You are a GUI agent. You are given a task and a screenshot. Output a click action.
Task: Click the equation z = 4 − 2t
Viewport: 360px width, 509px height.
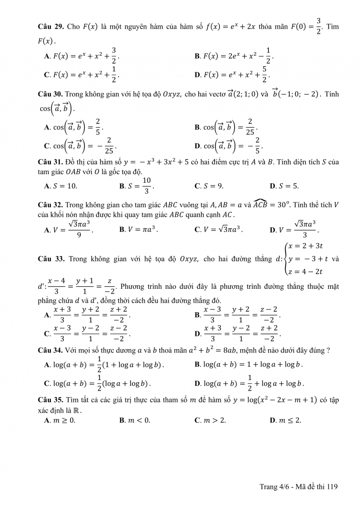(305, 272)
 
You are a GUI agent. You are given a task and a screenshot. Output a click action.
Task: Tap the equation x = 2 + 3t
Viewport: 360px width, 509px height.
(305, 246)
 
